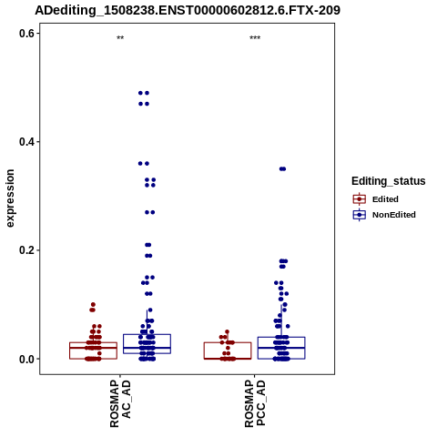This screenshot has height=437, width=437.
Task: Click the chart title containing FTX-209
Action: point(188,10)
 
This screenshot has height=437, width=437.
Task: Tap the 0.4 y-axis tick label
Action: point(26,142)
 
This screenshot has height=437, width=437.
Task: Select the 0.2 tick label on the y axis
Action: point(26,250)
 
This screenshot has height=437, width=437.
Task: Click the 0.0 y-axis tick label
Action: point(26,359)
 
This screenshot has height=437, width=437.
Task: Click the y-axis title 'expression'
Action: point(10,198)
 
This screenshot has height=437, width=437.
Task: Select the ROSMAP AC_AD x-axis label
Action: point(120,404)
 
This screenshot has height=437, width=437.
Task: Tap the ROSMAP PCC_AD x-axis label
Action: point(255,404)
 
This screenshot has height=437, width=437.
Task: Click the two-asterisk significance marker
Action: point(120,38)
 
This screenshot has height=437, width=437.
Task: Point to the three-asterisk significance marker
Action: point(255,38)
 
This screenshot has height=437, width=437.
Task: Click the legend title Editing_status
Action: point(389,181)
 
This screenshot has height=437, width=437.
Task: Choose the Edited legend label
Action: point(385,199)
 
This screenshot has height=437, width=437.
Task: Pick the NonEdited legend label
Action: point(394,215)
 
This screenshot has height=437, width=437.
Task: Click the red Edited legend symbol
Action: point(360,199)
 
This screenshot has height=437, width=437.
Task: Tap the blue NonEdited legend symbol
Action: point(360,215)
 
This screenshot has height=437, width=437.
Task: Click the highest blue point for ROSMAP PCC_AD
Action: point(282,169)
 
